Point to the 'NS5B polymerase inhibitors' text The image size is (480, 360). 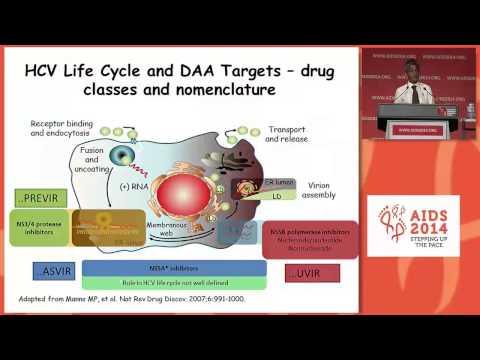click(x=309, y=234)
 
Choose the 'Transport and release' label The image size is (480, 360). click(x=289, y=135)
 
